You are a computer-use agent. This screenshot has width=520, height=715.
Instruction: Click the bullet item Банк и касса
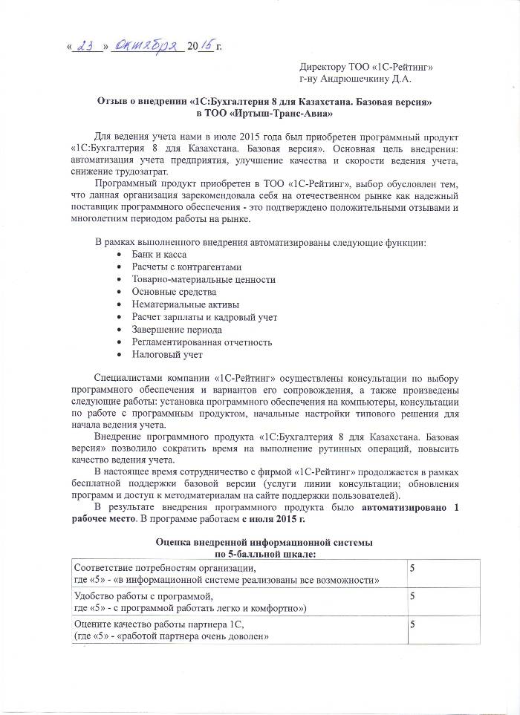159,253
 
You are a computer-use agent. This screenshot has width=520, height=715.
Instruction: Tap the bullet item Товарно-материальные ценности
204,279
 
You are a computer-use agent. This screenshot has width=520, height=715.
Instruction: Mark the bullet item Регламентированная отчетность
202,342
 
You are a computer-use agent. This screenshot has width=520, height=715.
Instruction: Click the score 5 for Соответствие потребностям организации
412,567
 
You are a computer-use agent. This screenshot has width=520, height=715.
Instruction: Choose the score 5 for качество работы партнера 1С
412,624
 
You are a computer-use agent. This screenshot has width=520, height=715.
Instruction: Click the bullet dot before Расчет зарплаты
120,317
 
